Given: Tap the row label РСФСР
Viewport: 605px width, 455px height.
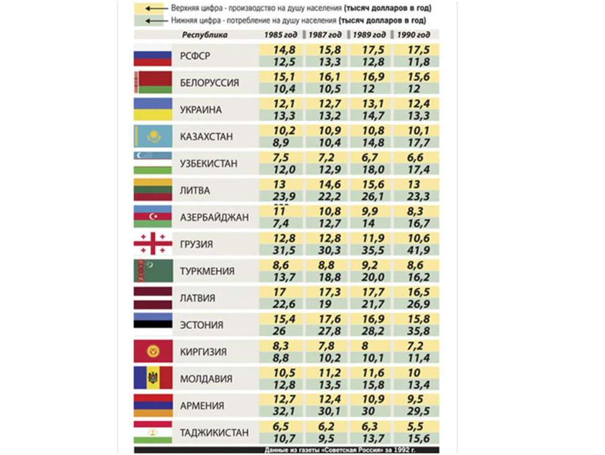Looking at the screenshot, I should (195, 56).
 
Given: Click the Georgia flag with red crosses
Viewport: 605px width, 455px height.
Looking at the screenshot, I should (153, 244).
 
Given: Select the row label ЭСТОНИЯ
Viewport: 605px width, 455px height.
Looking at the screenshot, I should (202, 325).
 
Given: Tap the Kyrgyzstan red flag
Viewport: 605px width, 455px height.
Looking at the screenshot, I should (153, 352).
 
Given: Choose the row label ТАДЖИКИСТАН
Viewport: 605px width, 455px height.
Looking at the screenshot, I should (214, 432).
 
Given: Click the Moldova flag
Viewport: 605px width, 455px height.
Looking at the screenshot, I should (153, 378).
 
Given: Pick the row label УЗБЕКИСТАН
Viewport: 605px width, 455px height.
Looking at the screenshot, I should (209, 164).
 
